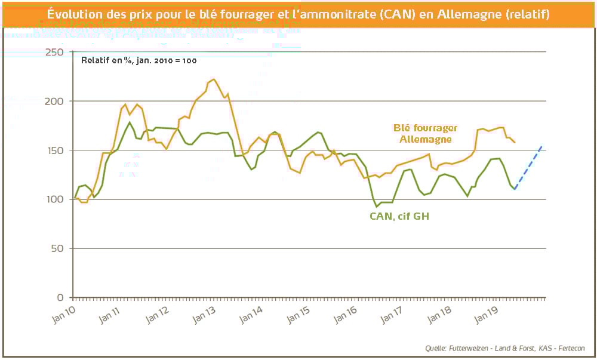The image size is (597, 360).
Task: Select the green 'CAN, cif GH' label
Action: [x=399, y=216]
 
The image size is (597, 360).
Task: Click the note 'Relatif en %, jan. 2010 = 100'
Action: [x=139, y=60]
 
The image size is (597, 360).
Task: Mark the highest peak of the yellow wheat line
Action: [x=214, y=79]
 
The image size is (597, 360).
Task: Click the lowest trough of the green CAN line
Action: [x=377, y=207]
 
